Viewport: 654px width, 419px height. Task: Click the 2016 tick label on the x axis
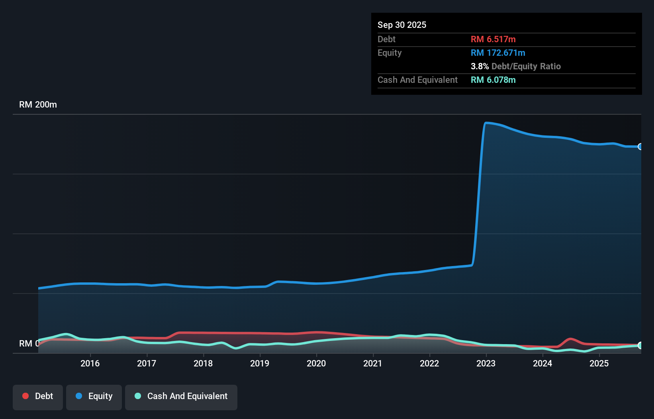(90, 363)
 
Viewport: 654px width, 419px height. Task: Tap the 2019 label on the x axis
(260, 363)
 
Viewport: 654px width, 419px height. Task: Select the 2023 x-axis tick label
(486, 363)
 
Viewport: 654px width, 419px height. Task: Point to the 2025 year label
(599, 363)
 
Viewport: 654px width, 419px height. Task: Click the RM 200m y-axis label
(38, 105)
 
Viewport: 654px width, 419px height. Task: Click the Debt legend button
(38, 396)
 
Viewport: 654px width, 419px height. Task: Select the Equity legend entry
(94, 396)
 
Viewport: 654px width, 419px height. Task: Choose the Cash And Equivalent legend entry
(181, 396)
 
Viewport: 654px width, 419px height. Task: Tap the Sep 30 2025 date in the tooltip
(401, 25)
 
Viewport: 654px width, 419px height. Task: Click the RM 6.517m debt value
(493, 39)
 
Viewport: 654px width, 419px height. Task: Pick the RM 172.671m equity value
(498, 53)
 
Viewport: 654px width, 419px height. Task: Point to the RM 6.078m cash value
(493, 80)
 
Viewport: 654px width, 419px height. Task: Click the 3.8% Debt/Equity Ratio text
(515, 66)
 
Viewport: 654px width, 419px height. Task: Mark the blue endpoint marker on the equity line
(640, 147)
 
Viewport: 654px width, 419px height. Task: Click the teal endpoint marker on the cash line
(640, 345)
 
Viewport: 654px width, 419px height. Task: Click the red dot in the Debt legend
(25, 396)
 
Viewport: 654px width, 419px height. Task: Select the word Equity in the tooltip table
(390, 53)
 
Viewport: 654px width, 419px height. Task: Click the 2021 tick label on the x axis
(373, 363)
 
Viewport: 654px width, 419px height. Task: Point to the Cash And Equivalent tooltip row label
(417, 80)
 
